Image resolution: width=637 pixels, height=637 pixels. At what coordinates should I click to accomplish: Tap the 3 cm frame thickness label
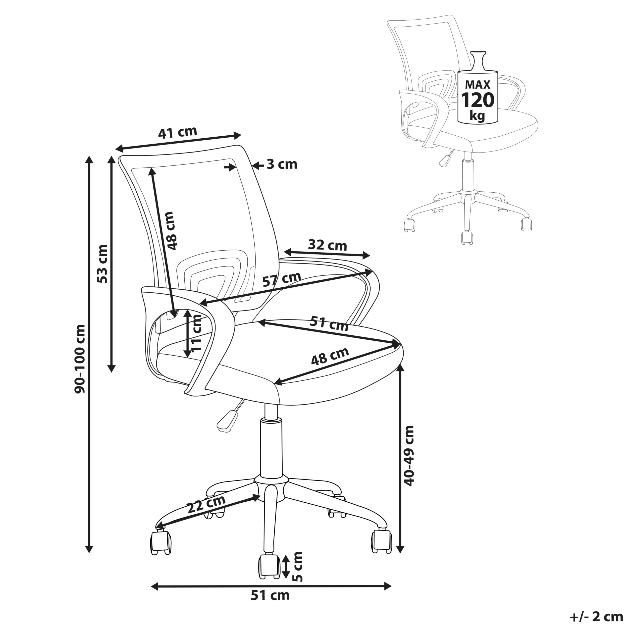pyautogui.click(x=282, y=164)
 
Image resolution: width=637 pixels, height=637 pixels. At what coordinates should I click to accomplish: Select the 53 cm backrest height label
pyautogui.click(x=103, y=264)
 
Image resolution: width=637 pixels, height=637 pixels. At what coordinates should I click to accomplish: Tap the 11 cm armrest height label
pyautogui.click(x=197, y=333)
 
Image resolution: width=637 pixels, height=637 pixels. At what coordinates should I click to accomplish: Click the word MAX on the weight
pyautogui.click(x=478, y=85)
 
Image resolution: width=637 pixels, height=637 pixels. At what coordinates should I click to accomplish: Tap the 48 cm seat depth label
pyautogui.click(x=330, y=356)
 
